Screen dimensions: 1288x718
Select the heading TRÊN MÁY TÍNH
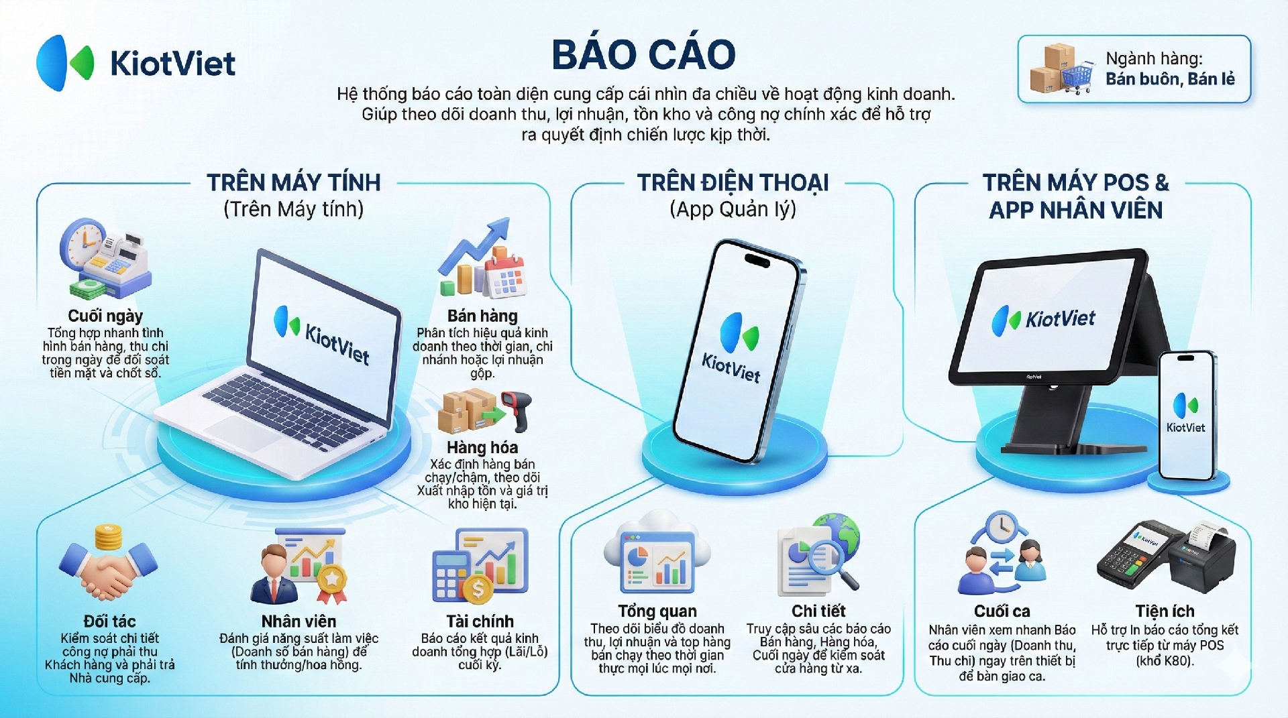click(293, 182)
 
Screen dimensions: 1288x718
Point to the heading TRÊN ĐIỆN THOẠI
click(733, 182)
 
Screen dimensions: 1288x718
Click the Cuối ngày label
click(105, 316)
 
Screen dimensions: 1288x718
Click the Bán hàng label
click(482, 316)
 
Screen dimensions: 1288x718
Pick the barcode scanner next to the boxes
click(517, 410)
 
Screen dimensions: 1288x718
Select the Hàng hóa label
click(482, 447)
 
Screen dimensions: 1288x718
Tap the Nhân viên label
click(299, 621)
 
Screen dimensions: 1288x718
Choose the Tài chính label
click(480, 621)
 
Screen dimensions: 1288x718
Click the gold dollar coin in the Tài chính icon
click(478, 590)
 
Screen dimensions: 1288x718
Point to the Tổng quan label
click(657, 611)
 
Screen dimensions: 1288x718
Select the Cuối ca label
click(1002, 611)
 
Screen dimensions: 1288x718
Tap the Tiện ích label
click(1165, 611)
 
